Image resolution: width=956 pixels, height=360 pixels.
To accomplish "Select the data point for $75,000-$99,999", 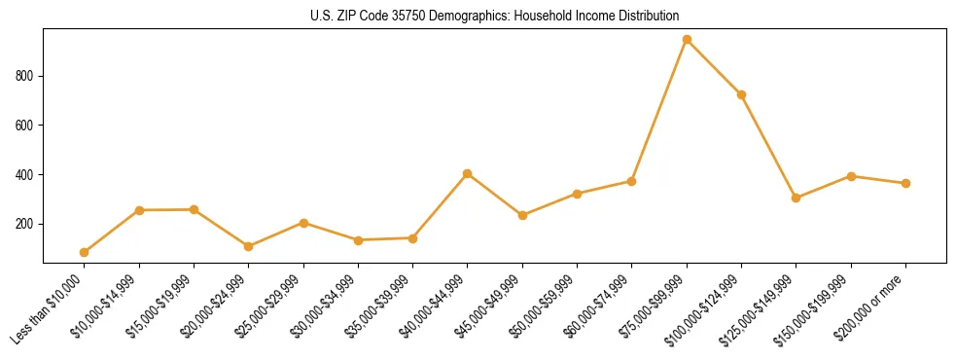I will pyautogui.click(x=687, y=40).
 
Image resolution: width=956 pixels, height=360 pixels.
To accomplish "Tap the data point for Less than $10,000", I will pyautogui.click(x=85, y=252).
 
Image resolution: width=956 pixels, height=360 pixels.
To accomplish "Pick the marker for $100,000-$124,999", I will pyautogui.click(x=741, y=95).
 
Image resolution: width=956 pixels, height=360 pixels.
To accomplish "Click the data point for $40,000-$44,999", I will pyautogui.click(x=468, y=173).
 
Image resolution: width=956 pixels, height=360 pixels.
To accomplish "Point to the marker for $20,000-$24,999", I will pyautogui.click(x=249, y=246).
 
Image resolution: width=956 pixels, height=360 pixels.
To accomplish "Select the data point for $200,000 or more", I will pyautogui.click(x=905, y=183).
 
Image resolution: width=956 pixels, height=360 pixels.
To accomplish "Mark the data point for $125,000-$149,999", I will pyautogui.click(x=797, y=198).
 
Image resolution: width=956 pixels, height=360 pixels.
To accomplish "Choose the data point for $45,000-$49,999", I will pyautogui.click(x=522, y=215).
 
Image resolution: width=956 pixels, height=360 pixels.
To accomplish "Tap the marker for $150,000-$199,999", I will pyautogui.click(x=851, y=176).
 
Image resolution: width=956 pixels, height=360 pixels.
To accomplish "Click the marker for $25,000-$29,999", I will pyautogui.click(x=303, y=223).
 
